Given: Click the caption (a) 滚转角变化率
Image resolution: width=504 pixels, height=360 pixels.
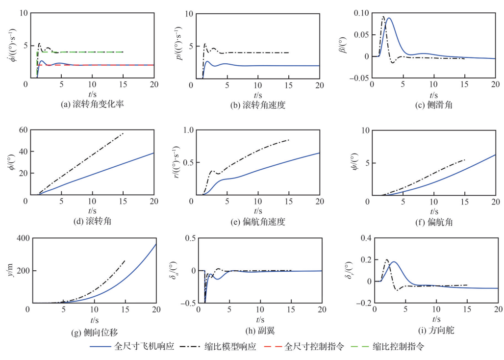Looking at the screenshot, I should pyautogui.click(x=90, y=104).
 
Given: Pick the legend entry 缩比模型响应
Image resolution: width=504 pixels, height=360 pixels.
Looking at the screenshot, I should pyautogui.click(x=226, y=346).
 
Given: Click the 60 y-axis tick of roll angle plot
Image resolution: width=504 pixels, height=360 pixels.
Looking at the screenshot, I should pyautogui.click(x=22, y=130).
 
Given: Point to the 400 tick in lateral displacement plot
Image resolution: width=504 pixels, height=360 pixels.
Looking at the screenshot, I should pyautogui.click(x=20, y=238).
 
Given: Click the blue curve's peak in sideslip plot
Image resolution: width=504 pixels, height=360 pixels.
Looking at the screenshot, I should pyautogui.click(x=389, y=18).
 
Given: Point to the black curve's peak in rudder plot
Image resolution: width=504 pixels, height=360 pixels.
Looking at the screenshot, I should pyautogui.click(x=386, y=260).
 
